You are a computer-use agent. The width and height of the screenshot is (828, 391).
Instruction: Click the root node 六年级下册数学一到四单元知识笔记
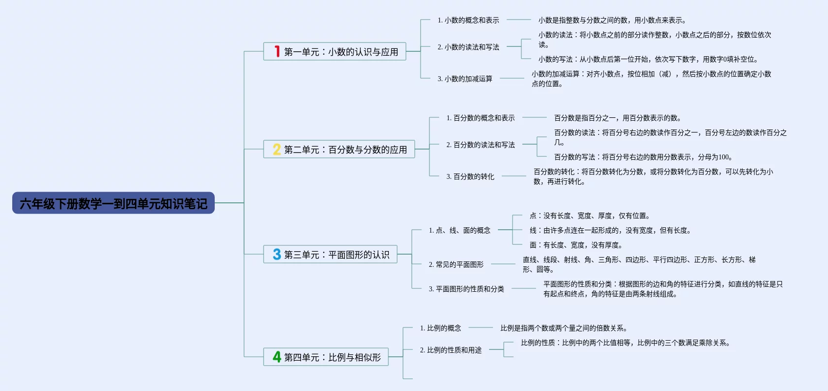pos(113,203)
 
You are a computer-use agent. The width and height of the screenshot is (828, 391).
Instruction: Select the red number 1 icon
pos(277,51)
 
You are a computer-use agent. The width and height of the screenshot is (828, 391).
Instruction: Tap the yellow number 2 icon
pos(277,149)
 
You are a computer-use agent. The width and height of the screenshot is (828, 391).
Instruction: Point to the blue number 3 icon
pos(277,254)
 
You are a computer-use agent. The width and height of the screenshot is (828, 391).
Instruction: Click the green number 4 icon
pos(277,357)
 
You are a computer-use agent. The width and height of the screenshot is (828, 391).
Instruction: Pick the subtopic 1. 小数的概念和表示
pos(468,20)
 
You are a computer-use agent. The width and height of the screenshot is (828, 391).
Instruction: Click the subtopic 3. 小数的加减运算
pos(465,79)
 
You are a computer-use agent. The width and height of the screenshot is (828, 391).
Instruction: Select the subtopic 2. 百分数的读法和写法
pos(480,145)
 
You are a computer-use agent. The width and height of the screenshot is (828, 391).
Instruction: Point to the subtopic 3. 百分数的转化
pos(470,176)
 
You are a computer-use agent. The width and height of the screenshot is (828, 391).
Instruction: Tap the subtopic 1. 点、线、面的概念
pos(459,230)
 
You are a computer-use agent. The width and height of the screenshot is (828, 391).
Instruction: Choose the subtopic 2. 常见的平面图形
pos(456,264)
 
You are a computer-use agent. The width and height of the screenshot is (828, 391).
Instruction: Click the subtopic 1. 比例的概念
pos(440,328)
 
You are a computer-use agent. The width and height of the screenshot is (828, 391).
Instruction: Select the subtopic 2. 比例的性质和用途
pos(450,350)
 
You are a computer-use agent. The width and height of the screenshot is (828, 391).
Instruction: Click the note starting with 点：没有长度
pos(589,216)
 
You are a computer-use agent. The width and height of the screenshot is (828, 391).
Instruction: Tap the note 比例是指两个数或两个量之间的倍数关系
pos(563,328)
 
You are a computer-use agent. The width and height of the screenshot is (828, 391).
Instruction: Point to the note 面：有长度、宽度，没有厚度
pos(576,245)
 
